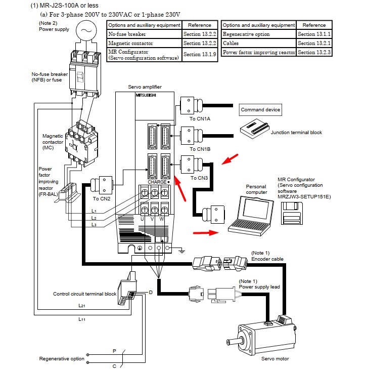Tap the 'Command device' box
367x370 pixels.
(260, 110)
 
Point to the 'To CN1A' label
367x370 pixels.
(200, 118)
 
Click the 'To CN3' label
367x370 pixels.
(200, 178)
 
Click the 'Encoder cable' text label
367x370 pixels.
(267, 259)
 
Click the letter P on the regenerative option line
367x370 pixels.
(114, 350)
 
